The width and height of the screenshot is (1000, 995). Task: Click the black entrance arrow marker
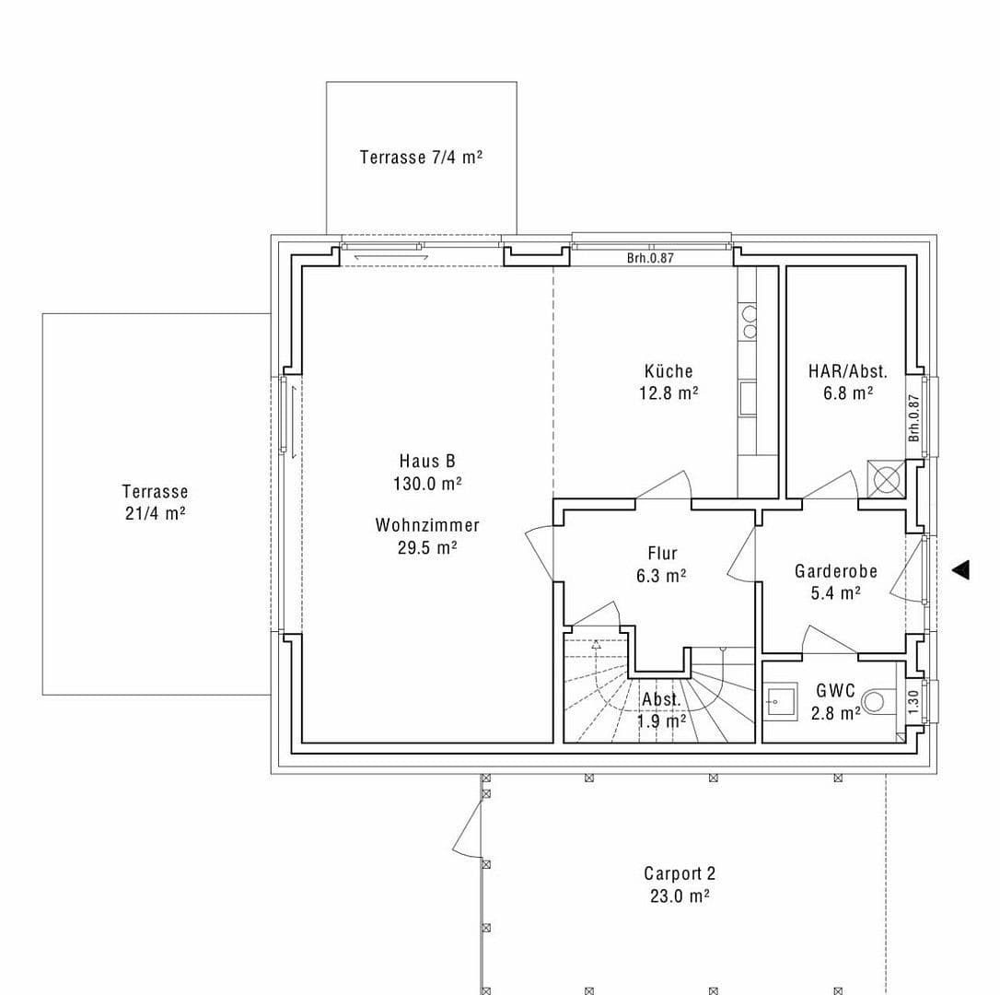click(960, 570)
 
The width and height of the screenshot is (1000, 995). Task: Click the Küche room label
click(669, 371)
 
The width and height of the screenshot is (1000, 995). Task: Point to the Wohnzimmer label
click(427, 525)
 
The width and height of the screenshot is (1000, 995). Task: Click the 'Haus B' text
click(426, 461)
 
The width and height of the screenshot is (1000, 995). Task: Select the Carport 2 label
click(680, 873)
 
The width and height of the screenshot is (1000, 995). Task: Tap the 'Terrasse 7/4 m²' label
click(421, 158)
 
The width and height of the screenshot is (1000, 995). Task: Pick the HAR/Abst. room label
click(847, 371)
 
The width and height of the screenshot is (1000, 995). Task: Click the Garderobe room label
click(835, 571)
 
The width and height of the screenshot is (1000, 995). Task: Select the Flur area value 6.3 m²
click(661, 576)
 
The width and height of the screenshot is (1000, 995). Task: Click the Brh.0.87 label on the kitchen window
click(650, 258)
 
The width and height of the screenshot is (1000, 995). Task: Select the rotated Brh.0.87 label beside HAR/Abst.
click(913, 417)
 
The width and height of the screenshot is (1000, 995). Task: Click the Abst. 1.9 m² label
click(661, 710)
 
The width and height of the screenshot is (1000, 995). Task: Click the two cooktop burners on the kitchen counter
click(750, 322)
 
